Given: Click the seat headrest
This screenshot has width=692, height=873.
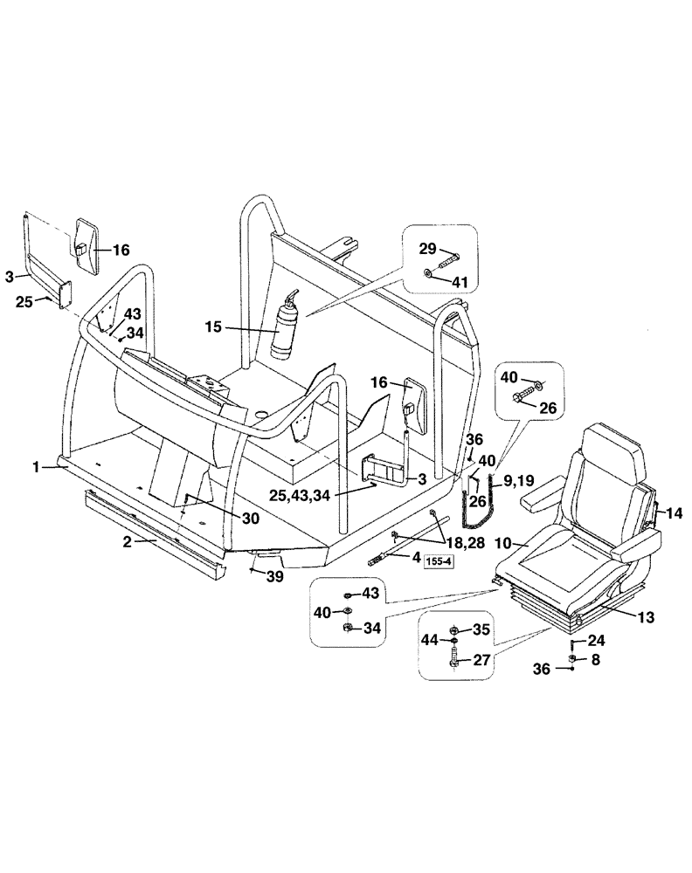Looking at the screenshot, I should click(612, 450).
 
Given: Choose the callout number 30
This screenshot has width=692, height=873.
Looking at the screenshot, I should click(251, 518).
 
